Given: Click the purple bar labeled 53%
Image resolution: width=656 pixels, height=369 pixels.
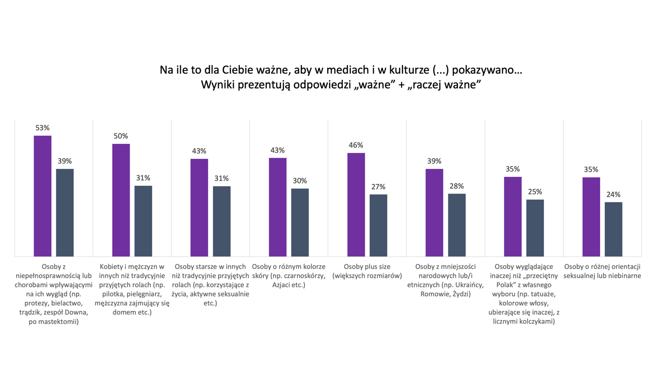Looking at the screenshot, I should tap(43, 196).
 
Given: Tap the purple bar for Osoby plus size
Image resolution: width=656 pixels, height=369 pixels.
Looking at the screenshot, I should tap(356, 204).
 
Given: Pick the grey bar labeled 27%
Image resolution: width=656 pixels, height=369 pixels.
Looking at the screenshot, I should tap(378, 225).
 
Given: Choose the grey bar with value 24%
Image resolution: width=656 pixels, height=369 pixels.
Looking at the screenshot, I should tap(613, 229).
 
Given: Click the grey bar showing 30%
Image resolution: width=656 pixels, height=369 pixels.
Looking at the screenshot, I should tap(300, 222).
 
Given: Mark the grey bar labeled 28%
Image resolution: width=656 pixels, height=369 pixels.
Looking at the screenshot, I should tap(457, 225).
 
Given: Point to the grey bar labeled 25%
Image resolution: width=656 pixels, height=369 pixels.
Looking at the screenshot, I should tap(535, 228).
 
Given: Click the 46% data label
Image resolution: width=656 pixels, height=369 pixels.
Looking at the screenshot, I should tap(356, 145).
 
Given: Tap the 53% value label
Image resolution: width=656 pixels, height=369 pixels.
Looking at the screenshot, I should tap(43, 128).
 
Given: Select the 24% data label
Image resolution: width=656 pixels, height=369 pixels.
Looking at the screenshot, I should tap(613, 194).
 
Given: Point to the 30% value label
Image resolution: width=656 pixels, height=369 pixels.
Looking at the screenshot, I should tap(300, 181).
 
